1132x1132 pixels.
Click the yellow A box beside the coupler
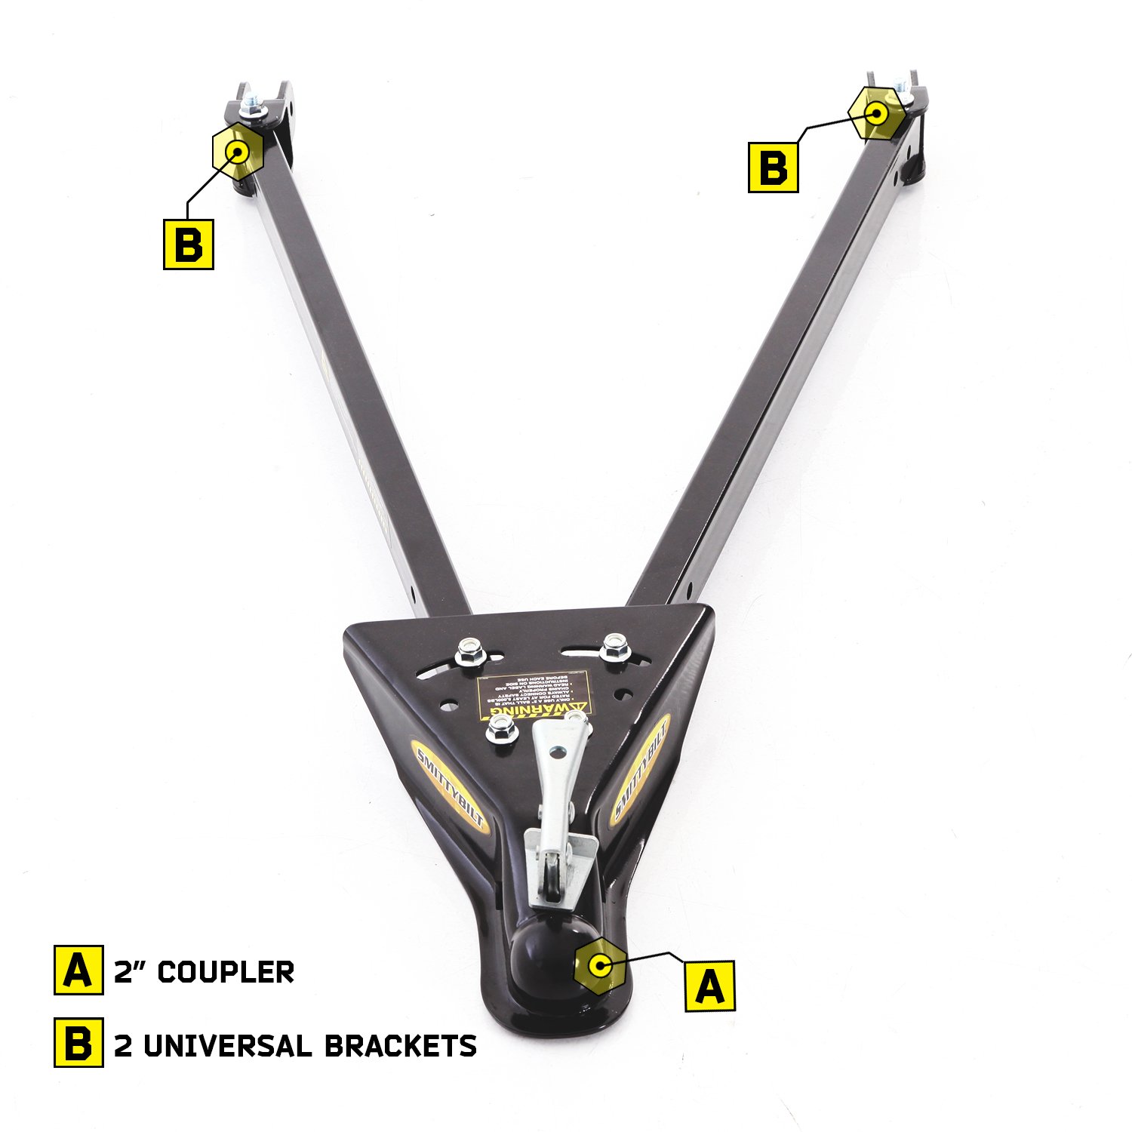709,986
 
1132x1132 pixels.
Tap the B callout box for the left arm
189,244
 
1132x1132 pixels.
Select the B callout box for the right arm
774,167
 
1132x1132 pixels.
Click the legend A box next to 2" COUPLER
78,970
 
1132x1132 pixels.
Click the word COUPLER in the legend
226,971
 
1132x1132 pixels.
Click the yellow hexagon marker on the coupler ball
599,964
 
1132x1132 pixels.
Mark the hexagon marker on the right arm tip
876,114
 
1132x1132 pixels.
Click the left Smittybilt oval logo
451,785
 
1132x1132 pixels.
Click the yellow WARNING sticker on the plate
534,697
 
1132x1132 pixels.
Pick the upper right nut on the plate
615,647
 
